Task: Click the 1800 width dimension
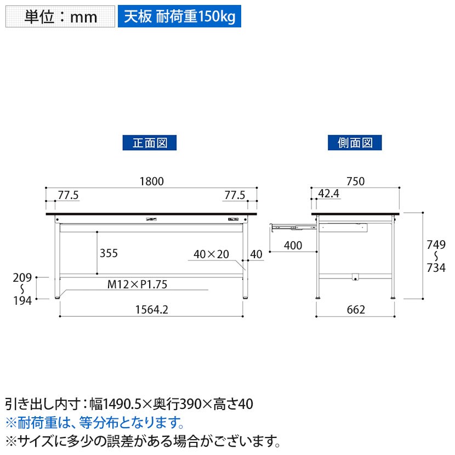[x=152, y=181]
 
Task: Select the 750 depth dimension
[x=355, y=181]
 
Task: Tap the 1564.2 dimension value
[x=152, y=310]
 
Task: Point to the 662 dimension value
[x=356, y=310]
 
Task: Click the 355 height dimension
[x=109, y=253]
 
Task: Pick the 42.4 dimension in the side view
[x=328, y=194]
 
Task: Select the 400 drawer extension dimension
[x=293, y=246]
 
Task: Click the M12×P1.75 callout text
[x=137, y=285]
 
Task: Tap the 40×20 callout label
[x=211, y=254]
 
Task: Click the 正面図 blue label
[x=150, y=143]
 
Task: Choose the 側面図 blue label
[x=355, y=143]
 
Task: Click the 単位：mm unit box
[x=60, y=16]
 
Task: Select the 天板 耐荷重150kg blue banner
[x=179, y=16]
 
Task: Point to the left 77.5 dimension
[x=68, y=195]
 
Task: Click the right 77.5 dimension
[x=235, y=195]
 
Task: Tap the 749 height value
[x=436, y=245]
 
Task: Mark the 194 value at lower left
[x=22, y=300]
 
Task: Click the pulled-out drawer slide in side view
[x=293, y=227]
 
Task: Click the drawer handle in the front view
[x=151, y=219]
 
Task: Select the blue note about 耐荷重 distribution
[x=95, y=423]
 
